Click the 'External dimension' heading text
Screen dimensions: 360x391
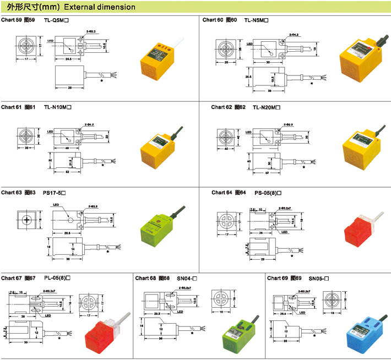click(x=100, y=7)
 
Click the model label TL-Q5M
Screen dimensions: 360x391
click(x=55, y=20)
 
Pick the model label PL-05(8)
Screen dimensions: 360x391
click(x=57, y=278)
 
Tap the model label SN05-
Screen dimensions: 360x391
click(x=319, y=278)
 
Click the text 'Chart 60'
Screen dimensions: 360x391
click(x=213, y=20)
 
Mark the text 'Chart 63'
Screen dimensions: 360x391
click(x=11, y=193)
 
